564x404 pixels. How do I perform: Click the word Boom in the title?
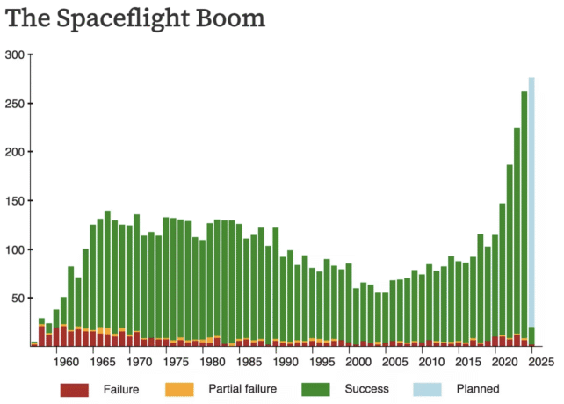[x=235, y=18]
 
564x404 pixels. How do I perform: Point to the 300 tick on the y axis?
[x=15, y=54]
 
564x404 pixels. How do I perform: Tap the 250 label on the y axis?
[x=15, y=104]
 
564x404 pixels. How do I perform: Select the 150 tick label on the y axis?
[x=15, y=201]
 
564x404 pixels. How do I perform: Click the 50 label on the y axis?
[x=18, y=299]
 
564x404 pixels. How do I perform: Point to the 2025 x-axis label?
[x=541, y=361]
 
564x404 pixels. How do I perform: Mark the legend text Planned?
[x=479, y=389]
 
